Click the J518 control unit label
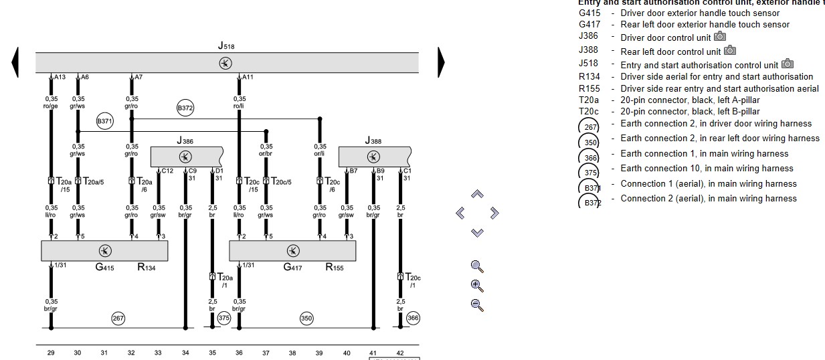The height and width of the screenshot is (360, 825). (x=226, y=46)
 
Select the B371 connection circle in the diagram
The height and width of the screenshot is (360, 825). (x=104, y=122)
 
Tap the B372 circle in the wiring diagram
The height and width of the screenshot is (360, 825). (x=185, y=108)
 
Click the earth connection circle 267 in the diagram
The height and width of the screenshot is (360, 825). (x=118, y=319)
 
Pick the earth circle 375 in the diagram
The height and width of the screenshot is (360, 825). (x=224, y=319)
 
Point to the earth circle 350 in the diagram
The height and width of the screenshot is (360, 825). (x=306, y=319)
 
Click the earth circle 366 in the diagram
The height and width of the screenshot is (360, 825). (x=413, y=319)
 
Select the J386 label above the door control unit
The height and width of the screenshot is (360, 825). (x=185, y=141)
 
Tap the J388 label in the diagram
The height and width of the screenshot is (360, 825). (x=373, y=141)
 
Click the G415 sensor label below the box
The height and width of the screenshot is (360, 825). (x=104, y=268)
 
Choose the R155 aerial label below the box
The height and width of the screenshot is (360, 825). (x=335, y=268)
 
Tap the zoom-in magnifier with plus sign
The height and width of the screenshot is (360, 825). (x=477, y=285)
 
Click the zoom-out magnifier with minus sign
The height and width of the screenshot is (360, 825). (x=477, y=305)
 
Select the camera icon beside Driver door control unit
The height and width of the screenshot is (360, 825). (x=720, y=37)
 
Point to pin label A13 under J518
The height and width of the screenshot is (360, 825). (x=60, y=78)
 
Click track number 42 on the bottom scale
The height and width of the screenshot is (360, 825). (x=400, y=353)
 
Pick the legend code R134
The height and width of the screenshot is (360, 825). (x=589, y=77)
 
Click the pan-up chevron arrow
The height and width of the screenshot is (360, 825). (x=477, y=194)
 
